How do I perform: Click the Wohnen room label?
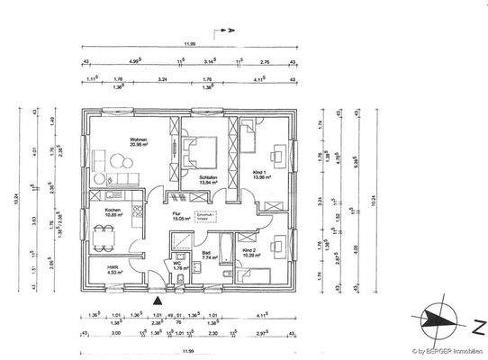click(x=138, y=141)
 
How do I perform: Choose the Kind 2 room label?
click(x=251, y=252)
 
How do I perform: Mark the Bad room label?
click(x=209, y=256)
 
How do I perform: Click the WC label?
click(x=181, y=265)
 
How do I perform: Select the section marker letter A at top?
click(x=230, y=31)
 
